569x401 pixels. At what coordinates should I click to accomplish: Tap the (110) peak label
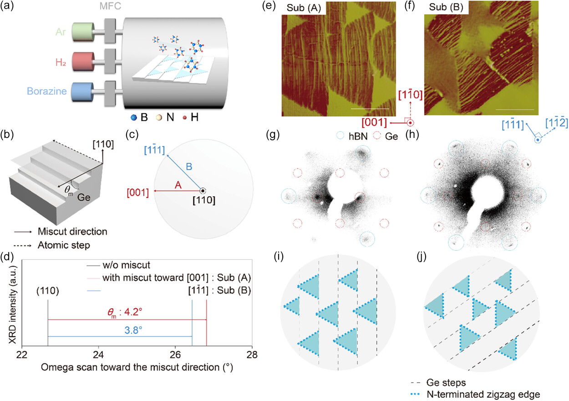click(x=48, y=288)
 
